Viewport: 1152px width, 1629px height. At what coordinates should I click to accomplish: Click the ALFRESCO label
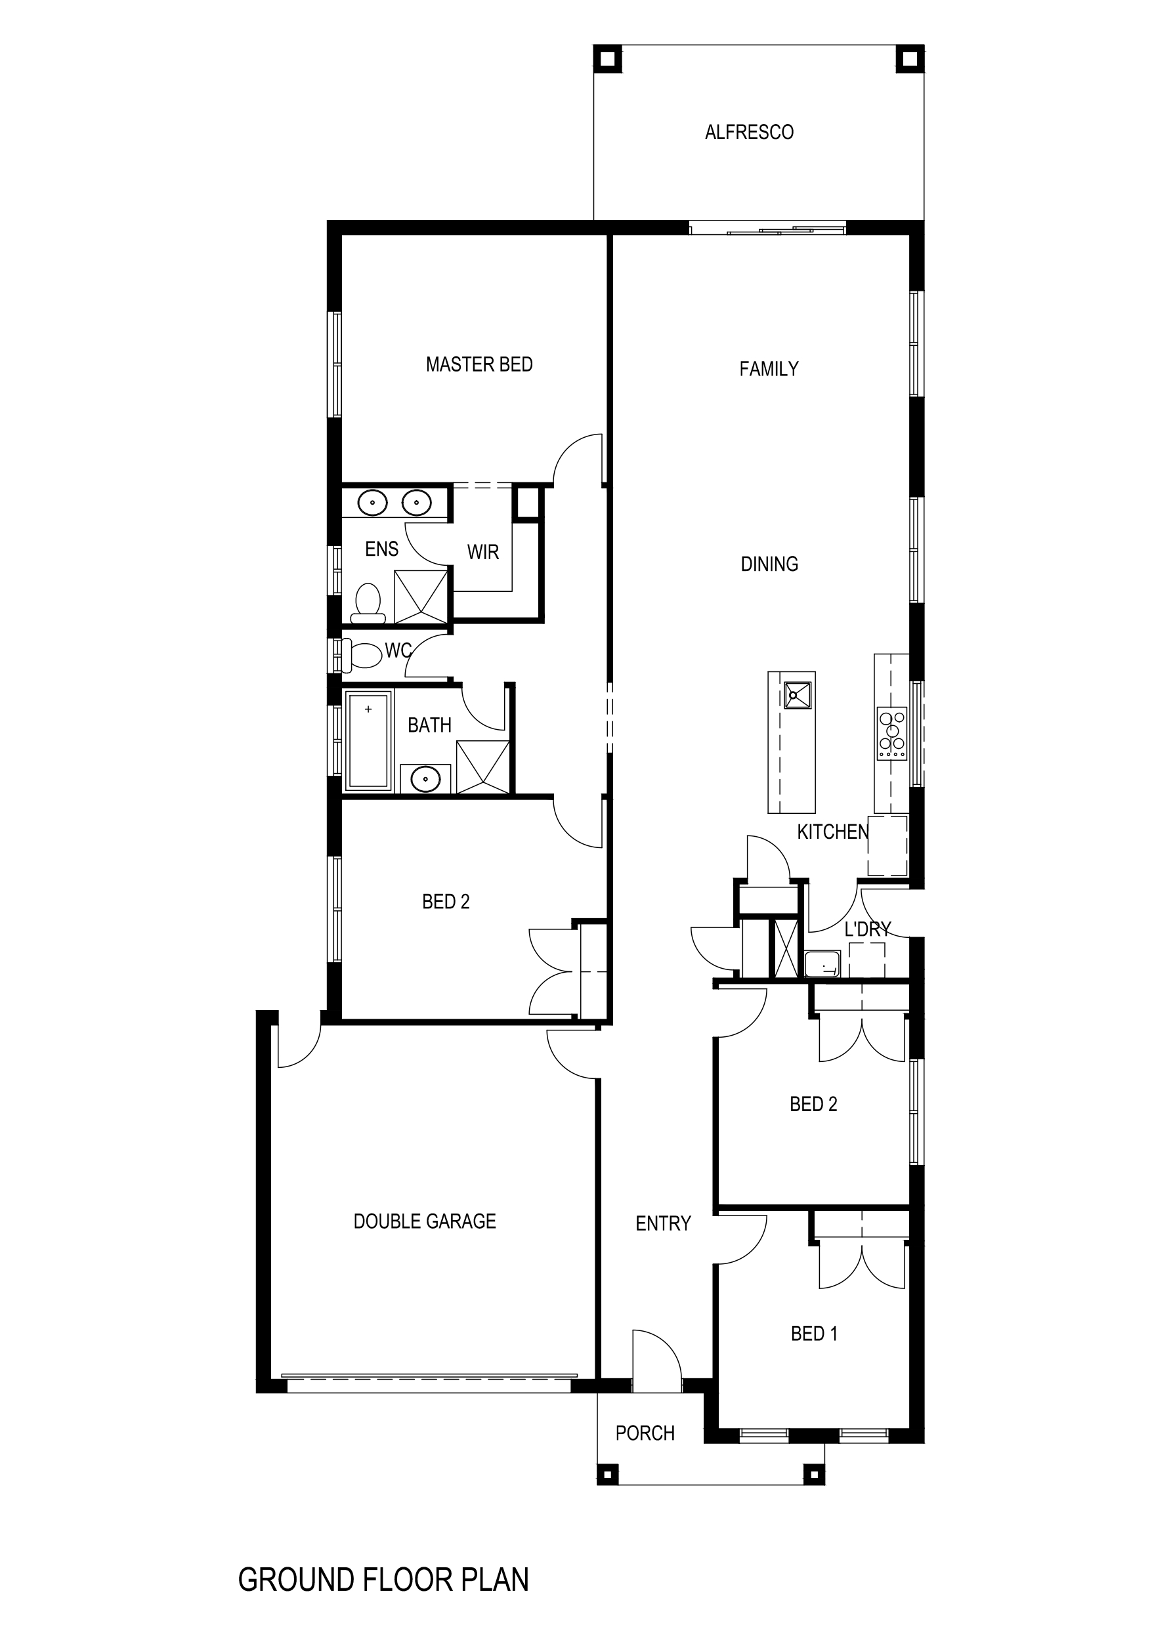749,133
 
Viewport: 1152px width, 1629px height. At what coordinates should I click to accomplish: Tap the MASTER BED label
479,365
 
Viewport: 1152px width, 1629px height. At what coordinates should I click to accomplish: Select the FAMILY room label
769,369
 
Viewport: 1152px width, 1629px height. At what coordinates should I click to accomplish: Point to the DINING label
769,564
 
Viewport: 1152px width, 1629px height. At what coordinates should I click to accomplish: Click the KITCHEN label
832,832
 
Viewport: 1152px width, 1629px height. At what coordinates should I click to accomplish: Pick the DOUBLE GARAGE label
425,1221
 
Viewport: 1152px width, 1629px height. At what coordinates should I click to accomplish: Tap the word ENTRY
663,1223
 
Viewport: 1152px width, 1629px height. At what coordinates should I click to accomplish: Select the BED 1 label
814,1334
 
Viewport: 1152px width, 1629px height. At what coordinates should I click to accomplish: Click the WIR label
482,552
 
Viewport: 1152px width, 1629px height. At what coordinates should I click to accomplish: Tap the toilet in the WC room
363,655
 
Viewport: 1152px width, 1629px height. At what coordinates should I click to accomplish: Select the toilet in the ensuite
368,601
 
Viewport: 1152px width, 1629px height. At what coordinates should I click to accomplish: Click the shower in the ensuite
421,597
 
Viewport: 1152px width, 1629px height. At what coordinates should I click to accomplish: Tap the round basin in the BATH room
425,780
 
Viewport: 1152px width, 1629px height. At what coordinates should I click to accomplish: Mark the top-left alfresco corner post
607,59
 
